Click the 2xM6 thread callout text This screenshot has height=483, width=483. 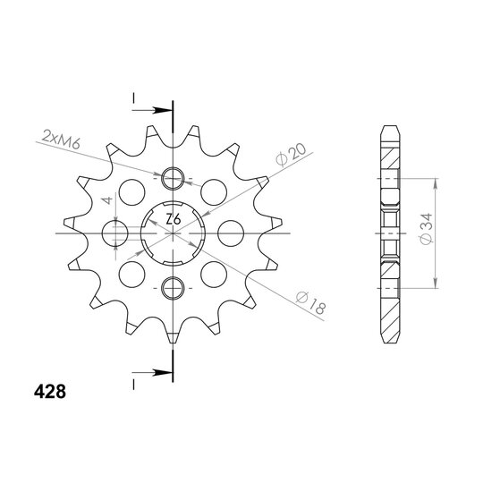pos(61,140)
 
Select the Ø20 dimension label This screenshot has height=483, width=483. pos(291,155)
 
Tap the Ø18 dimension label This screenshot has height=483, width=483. pos(309,303)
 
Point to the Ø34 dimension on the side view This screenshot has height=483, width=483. pos(427,229)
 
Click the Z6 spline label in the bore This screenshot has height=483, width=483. pos(174,219)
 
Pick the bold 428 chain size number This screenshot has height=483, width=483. pos(50,392)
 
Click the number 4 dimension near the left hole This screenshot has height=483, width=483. pos(107,200)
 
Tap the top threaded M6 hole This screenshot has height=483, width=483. pos(173,178)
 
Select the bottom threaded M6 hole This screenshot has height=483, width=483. pos(173,288)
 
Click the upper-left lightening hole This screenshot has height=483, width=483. pos(131,192)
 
